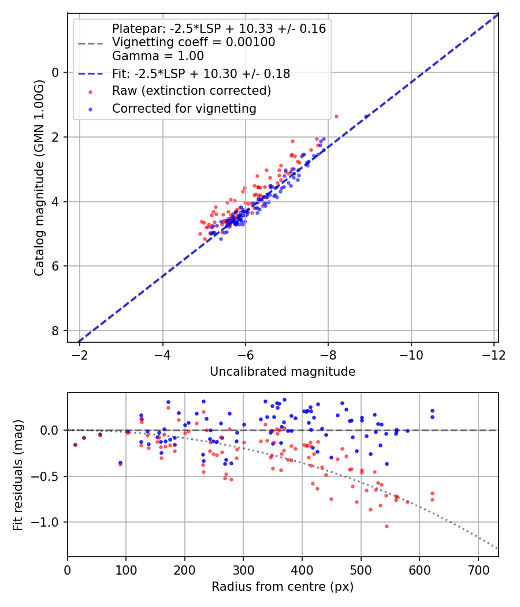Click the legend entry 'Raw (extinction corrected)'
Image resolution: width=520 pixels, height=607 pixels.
[x=191, y=91]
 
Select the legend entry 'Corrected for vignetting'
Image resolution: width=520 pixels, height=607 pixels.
[x=184, y=108]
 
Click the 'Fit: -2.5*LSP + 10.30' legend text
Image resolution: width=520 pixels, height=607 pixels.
[x=200, y=74]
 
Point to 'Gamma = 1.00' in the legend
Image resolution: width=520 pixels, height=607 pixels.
[x=158, y=56]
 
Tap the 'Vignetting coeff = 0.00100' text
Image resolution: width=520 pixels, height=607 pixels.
[x=193, y=42]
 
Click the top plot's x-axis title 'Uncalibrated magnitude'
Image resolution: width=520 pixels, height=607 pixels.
[x=283, y=372]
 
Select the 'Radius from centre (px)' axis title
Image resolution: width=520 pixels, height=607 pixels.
[x=283, y=587]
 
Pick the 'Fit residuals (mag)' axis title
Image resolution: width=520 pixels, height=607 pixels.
[x=18, y=475]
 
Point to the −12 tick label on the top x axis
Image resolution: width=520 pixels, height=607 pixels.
[x=493, y=354]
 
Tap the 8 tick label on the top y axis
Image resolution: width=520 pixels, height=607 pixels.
[x=56, y=331]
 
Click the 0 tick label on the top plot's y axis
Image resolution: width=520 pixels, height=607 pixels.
[x=56, y=72]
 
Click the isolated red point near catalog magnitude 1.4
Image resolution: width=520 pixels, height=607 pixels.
[x=336, y=116]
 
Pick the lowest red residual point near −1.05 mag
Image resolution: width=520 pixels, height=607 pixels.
[x=387, y=526]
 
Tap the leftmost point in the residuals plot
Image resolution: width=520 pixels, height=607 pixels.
[x=75, y=445]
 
